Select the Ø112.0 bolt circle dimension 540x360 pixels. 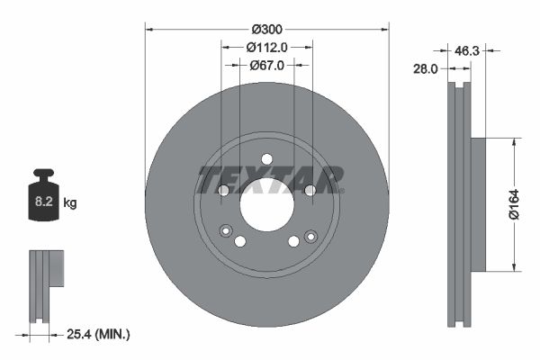coord(266,47)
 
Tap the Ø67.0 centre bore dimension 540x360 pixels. coord(266,65)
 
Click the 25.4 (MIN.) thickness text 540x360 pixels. coord(99,335)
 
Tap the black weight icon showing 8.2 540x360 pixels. coord(43,197)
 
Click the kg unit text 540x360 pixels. coord(69,203)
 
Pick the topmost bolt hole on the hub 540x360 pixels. coord(266,160)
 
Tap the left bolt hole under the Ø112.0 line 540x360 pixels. coord(223,190)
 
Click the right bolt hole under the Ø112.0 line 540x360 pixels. coord(310,190)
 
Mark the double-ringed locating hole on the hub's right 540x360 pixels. coord(310,236)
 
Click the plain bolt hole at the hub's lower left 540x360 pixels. coord(240,241)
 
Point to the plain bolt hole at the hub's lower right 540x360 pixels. coord(293,241)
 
